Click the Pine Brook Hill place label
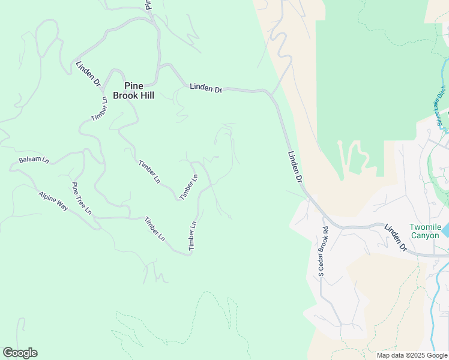[133, 90]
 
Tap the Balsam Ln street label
[34, 160]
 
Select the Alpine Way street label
[53, 201]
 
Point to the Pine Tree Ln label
[82, 198]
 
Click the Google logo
[20, 353]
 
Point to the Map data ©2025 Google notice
[411, 355]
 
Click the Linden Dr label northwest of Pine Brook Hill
[88, 74]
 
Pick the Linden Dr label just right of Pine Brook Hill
[206, 88]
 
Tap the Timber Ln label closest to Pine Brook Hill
[99, 109]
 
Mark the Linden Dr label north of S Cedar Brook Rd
[294, 166]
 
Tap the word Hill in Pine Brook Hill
[145, 95]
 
